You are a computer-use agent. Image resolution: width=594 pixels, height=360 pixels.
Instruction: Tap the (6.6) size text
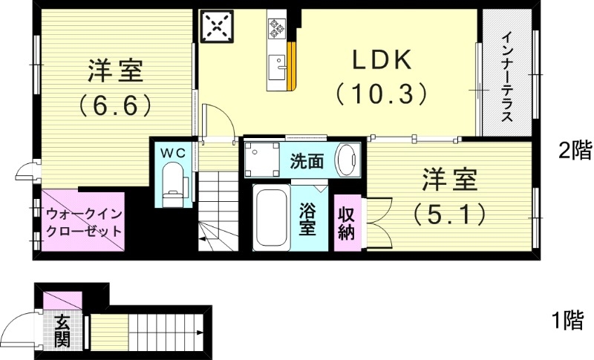(x=114, y=104)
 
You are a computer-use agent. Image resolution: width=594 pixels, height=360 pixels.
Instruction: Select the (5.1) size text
(x=450, y=214)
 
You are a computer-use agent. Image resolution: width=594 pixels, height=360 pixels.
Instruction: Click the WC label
(x=174, y=151)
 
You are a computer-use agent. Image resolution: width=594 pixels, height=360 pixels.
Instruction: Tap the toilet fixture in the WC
(x=172, y=184)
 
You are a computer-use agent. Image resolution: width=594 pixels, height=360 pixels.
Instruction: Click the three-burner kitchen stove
(x=277, y=28)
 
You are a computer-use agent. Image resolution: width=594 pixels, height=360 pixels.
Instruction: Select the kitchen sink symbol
(x=279, y=65)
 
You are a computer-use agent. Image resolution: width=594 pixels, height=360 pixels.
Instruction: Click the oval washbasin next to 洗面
(x=347, y=158)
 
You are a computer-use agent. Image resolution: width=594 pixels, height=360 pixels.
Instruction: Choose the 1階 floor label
(x=567, y=321)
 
